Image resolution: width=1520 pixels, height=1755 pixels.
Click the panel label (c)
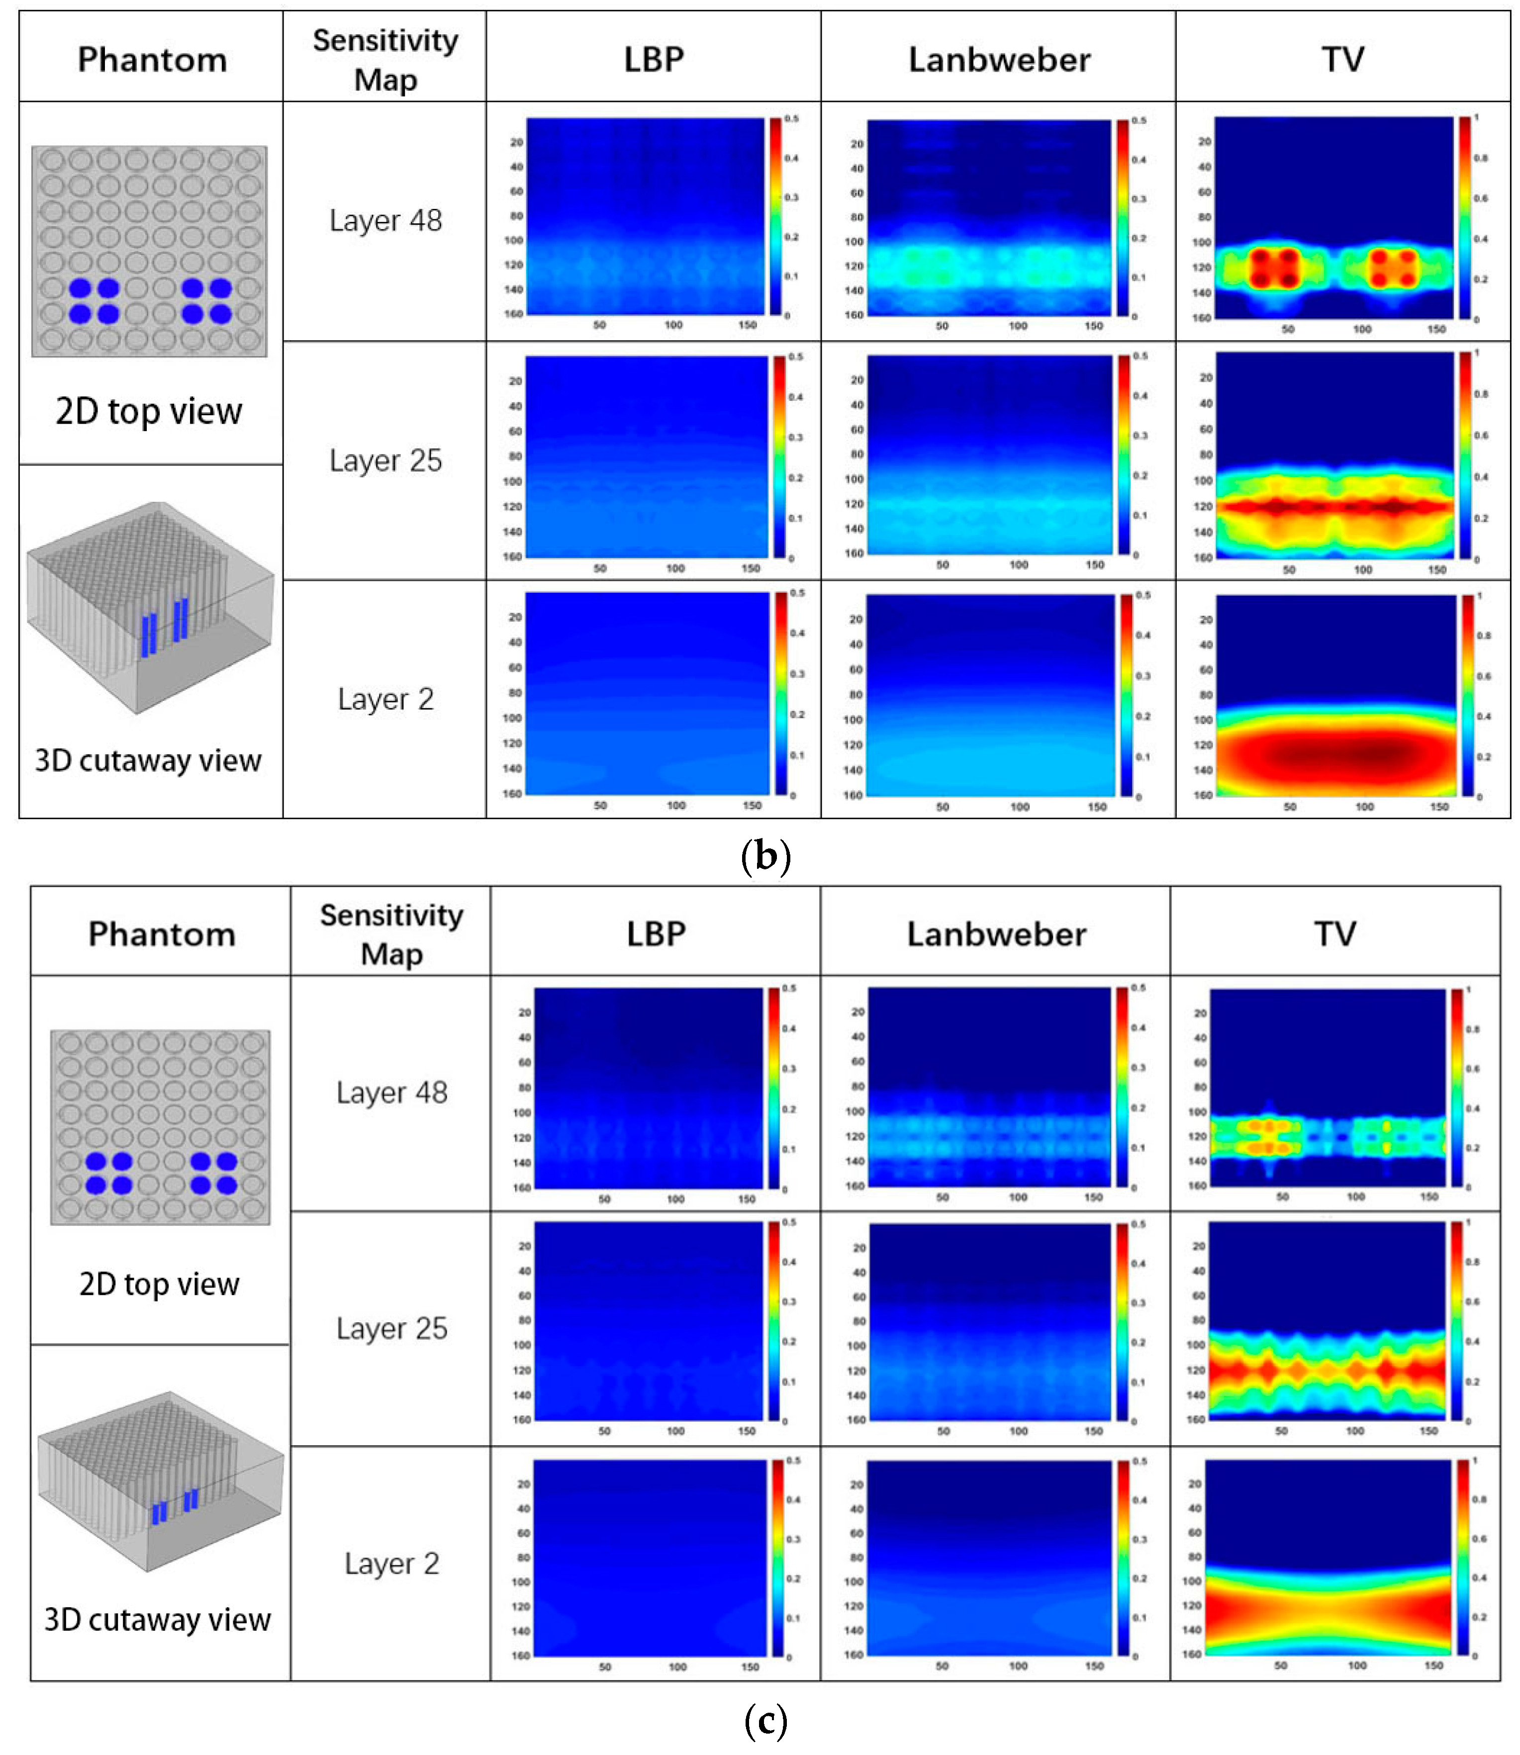coord(765,1721)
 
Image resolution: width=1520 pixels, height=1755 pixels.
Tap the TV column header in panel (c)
coord(1335,934)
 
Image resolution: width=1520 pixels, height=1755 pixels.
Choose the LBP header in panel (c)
coord(656,934)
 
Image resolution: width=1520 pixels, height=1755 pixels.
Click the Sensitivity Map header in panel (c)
coord(391,934)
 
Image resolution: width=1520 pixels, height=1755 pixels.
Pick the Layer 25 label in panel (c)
coord(391,1328)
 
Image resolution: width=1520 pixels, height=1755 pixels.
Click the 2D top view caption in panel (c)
coord(160,1284)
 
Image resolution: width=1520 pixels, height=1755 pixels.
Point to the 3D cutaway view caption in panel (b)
coord(148,761)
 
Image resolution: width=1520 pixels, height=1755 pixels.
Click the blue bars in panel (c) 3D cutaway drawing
coord(175,1506)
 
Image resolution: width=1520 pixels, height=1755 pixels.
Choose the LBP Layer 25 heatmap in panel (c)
coord(648,1321)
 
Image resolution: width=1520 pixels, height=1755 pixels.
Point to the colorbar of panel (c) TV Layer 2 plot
coord(1463,1557)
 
